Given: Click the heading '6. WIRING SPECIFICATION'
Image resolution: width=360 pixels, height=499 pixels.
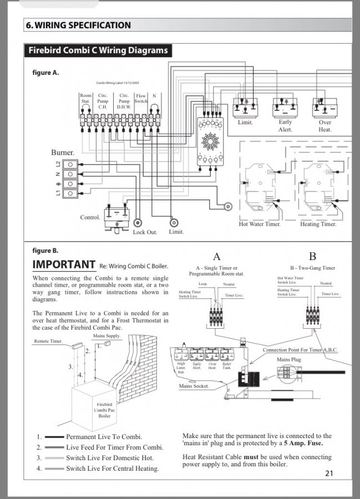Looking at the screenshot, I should point(78,25).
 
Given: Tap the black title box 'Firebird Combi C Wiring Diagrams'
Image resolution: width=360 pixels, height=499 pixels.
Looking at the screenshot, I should point(98,51).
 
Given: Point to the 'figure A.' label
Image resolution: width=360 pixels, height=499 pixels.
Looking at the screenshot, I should point(46,73).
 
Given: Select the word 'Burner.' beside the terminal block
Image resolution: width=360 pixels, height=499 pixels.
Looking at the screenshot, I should point(63,152).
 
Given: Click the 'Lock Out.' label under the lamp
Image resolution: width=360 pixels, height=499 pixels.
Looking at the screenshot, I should point(145,232).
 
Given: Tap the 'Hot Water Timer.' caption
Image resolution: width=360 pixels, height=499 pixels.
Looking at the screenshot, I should point(260,224).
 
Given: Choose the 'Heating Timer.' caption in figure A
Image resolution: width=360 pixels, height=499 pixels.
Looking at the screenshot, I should point(317,224).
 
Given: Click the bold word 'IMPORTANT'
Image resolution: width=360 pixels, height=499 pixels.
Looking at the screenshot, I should point(64,264).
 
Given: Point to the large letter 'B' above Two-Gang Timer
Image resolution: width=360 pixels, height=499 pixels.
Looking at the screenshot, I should point(312,256).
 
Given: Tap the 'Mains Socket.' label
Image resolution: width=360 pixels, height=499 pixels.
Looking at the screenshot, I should point(194,386).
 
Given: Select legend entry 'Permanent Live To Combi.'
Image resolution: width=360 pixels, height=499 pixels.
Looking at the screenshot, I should point(104,437).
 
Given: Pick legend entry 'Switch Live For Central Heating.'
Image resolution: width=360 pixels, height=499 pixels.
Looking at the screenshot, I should point(112,469).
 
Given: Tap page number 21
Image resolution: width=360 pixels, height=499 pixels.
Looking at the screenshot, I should point(329,473).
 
